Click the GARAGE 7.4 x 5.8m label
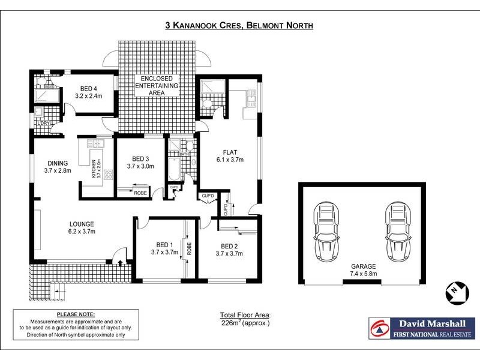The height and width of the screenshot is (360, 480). click(x=364, y=270)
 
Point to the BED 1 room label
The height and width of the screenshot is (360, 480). click(x=164, y=249)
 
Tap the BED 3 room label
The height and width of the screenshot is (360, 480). click(x=140, y=162)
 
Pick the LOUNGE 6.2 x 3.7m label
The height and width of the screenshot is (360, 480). click(x=82, y=227)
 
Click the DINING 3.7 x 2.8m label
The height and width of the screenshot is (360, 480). click(x=58, y=167)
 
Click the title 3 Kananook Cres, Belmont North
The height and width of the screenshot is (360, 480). click(x=239, y=25)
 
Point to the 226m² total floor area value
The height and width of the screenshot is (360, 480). click(x=245, y=323)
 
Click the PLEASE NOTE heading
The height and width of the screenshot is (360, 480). click(x=75, y=314)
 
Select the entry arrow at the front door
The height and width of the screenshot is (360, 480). click(x=121, y=262)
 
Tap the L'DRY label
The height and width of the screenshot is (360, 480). click(x=43, y=123)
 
